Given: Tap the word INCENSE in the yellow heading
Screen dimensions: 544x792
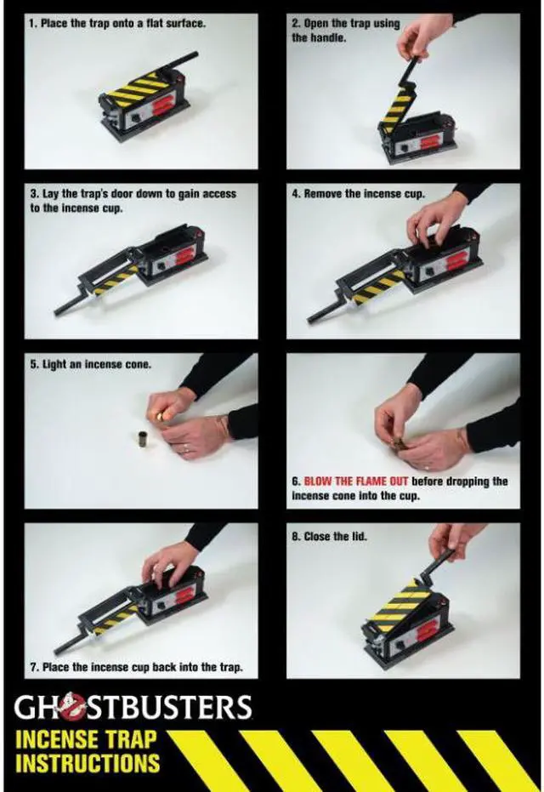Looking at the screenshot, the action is [56, 740].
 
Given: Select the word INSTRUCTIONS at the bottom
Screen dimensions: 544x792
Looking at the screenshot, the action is [88, 763].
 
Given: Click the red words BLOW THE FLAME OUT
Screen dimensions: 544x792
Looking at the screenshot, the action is [356, 481].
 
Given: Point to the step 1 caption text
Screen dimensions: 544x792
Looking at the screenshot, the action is [117, 23].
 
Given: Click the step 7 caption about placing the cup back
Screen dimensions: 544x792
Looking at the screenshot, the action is [136, 667].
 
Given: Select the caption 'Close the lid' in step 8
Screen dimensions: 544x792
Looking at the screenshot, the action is [329, 537].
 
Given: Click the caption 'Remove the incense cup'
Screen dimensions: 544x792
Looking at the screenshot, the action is [359, 194].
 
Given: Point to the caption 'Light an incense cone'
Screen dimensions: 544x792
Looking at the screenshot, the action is [90, 364].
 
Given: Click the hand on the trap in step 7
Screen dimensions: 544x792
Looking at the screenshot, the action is [169, 562].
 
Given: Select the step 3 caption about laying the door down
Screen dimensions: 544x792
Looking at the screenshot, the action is [133, 201].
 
